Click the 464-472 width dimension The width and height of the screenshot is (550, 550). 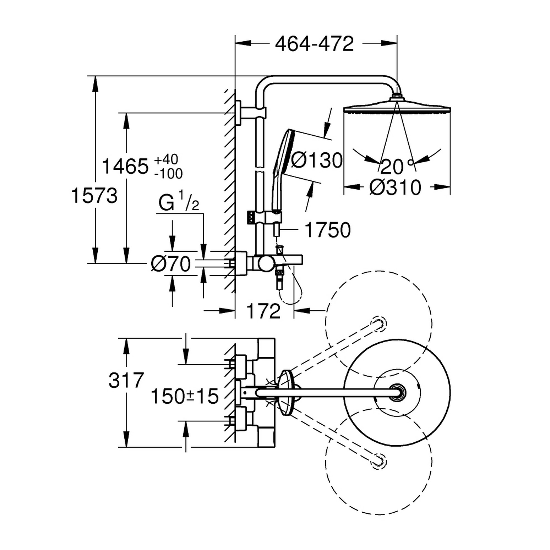(x=314, y=44)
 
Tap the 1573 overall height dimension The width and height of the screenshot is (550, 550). (x=94, y=196)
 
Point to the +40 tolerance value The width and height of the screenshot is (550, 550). (x=166, y=159)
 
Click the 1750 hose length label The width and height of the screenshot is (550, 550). (x=327, y=230)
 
